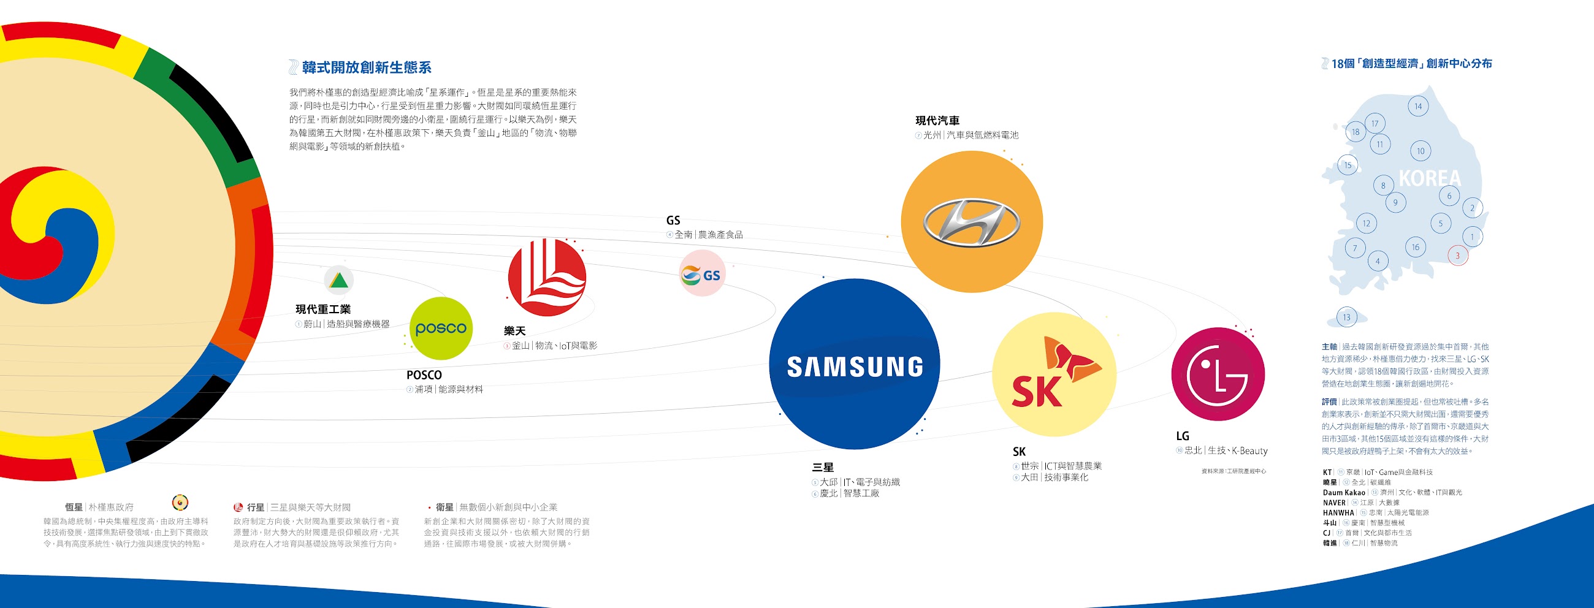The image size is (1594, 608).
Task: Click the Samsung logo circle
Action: (x=854, y=364)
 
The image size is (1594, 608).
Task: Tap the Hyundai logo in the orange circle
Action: (x=972, y=222)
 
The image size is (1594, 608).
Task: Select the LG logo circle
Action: (x=1217, y=375)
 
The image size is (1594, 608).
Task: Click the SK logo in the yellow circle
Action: (x=1054, y=375)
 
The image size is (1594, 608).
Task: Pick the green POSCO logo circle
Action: (x=441, y=329)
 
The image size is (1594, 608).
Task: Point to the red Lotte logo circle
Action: (x=546, y=278)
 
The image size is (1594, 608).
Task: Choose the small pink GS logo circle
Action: (x=702, y=274)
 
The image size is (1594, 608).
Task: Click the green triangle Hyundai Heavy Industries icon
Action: (x=338, y=280)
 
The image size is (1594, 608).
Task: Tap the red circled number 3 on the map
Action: (x=1457, y=256)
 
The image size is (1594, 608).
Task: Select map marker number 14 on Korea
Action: (x=1417, y=107)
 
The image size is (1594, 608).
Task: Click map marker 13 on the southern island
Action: (x=1346, y=317)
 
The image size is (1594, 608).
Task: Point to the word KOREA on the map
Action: (x=1430, y=179)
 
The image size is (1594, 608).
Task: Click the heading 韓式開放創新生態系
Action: (x=367, y=67)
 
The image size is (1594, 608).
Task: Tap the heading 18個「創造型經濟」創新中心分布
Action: (x=1411, y=64)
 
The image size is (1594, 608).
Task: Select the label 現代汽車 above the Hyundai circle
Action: (x=937, y=121)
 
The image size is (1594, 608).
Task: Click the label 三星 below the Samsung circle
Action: (x=822, y=468)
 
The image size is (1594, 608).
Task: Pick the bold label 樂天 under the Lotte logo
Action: (x=514, y=331)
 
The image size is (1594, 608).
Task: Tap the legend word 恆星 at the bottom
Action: (x=74, y=507)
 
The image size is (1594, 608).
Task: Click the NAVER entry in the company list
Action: (x=1334, y=503)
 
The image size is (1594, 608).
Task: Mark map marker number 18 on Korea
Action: (x=1355, y=132)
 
